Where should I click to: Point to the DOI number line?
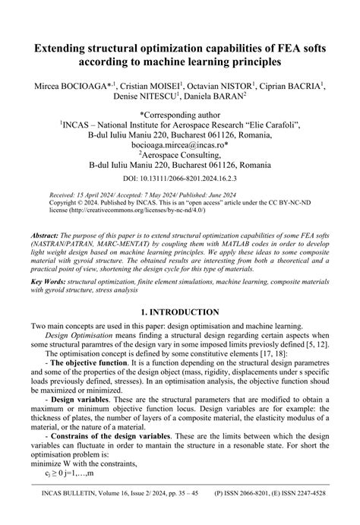click(x=180, y=177)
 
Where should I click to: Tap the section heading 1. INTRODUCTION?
click(x=180, y=312)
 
